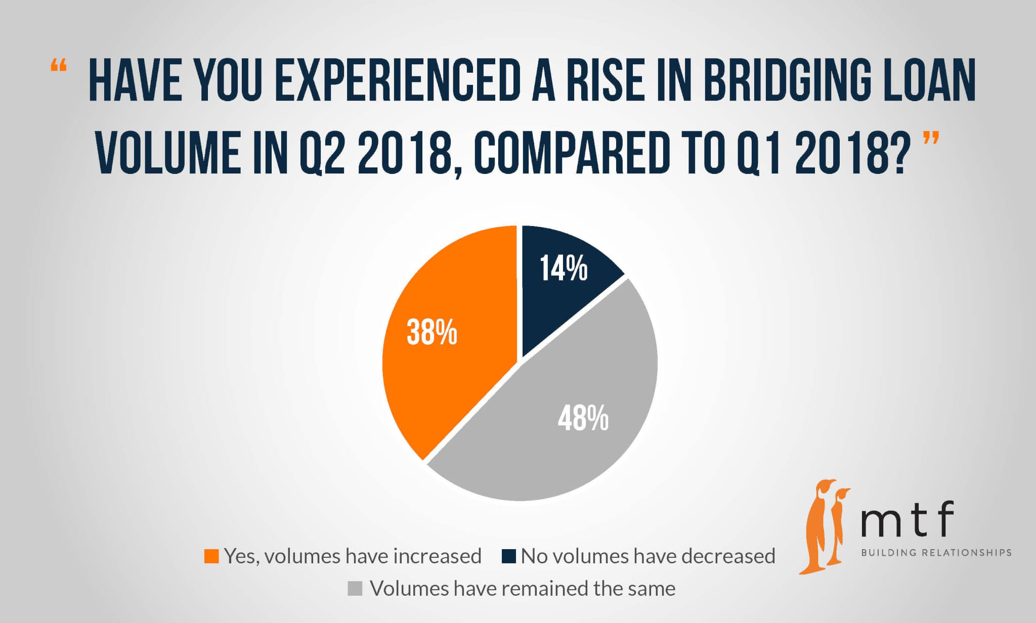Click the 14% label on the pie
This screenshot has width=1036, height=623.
[564, 268]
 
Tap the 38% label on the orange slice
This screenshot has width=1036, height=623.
[431, 333]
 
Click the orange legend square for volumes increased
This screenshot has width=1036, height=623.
[211, 556]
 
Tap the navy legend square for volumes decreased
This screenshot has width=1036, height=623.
[508, 556]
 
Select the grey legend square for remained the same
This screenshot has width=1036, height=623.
[355, 589]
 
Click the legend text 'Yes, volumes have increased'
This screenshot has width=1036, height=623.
[353, 556]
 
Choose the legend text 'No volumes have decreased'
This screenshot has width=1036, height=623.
[648, 556]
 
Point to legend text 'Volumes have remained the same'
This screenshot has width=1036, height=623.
[523, 589]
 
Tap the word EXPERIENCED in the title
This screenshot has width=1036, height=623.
[397, 81]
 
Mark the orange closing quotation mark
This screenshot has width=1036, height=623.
[931, 138]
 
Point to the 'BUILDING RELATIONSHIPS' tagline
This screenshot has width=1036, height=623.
[936, 553]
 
